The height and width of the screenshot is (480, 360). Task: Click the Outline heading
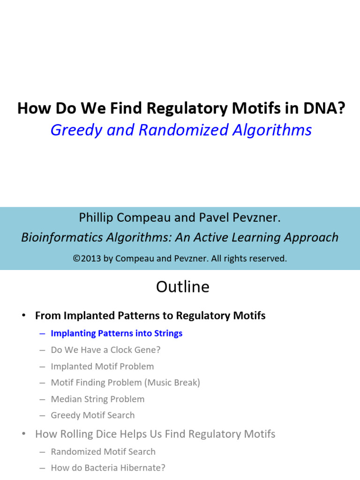[x=183, y=287]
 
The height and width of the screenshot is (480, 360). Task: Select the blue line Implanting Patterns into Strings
[x=116, y=333]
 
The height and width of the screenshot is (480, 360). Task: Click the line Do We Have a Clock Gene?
[x=105, y=350]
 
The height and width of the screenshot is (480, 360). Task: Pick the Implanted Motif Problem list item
[x=102, y=366]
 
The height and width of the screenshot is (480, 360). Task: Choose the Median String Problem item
[x=97, y=399]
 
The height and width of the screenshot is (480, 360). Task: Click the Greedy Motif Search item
[x=93, y=415]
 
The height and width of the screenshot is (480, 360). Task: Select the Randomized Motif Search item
[x=103, y=451]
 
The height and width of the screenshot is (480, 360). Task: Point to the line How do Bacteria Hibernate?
[x=108, y=468]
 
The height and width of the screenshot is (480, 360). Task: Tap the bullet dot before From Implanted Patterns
[x=23, y=315]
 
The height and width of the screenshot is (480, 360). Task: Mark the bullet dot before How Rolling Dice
[x=23, y=434]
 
